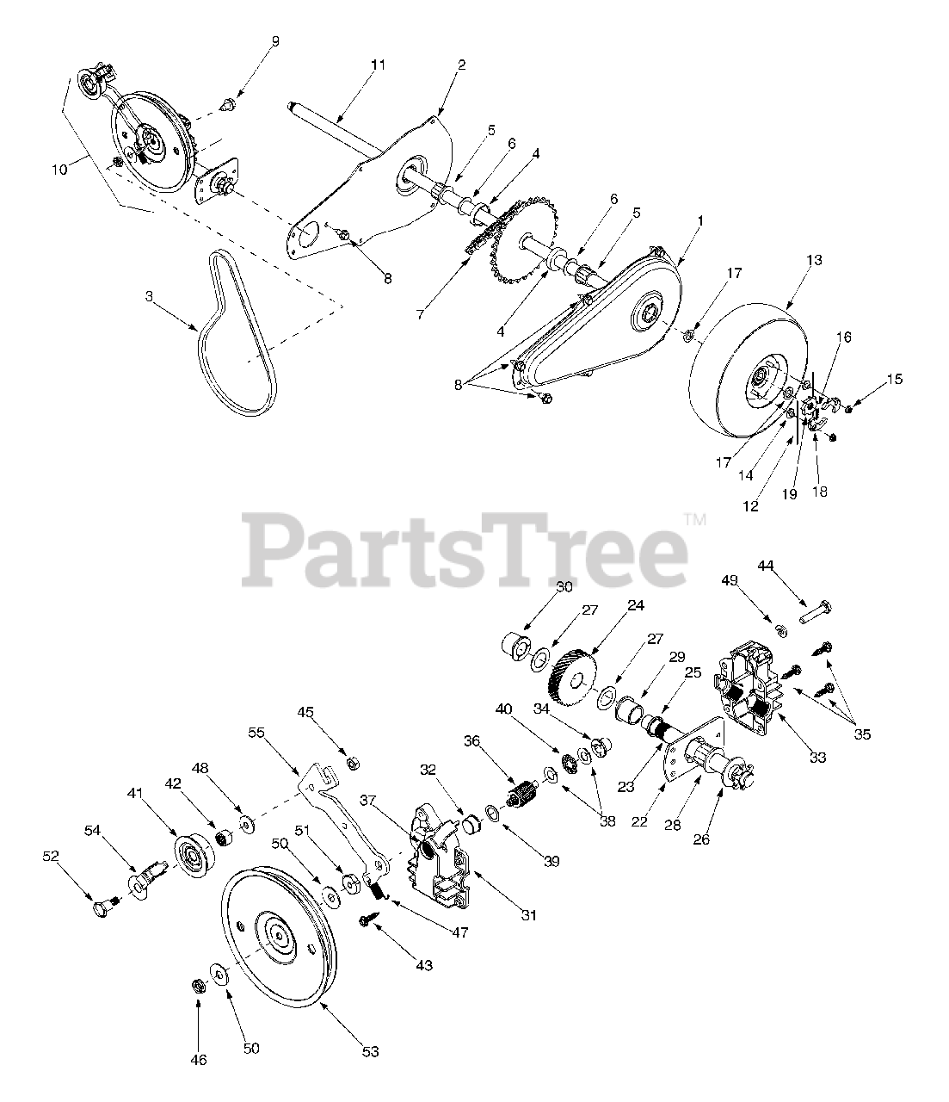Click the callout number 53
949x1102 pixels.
click(x=370, y=1051)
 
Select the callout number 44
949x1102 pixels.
click(x=766, y=565)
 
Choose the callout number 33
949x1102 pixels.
click(x=817, y=758)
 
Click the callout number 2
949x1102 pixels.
click(x=461, y=64)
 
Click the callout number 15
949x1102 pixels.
click(x=895, y=379)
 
